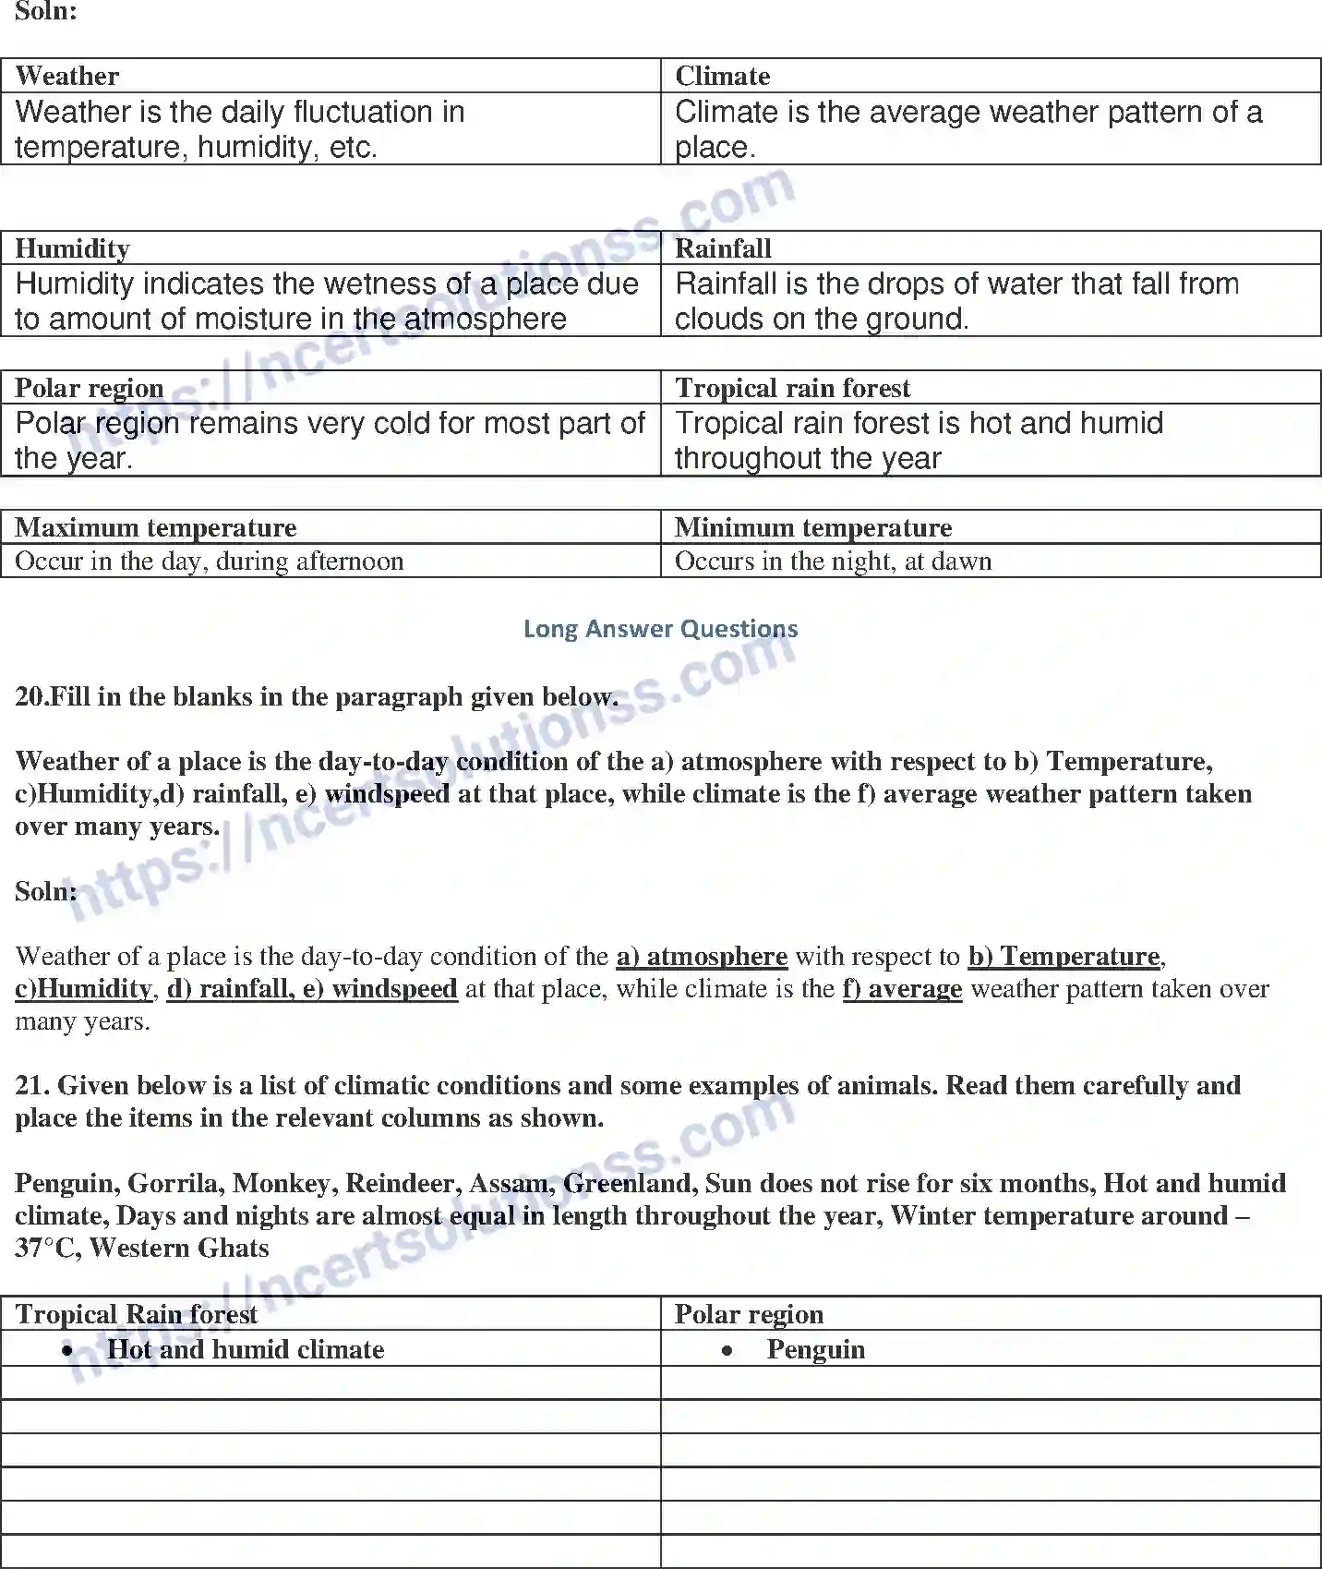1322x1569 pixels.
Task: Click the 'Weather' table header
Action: (x=67, y=76)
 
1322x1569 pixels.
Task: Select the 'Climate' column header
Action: (x=722, y=76)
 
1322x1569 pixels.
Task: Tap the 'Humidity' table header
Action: (x=72, y=248)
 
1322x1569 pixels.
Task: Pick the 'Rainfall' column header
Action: (x=723, y=248)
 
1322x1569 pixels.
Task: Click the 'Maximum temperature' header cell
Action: (x=156, y=527)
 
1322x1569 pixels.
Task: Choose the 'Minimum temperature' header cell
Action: (x=813, y=527)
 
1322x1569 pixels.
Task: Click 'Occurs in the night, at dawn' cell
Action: (x=833, y=561)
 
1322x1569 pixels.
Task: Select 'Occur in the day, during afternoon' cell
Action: (x=210, y=561)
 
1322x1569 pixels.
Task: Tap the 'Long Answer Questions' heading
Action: (x=660, y=629)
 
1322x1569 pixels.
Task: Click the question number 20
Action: (x=30, y=696)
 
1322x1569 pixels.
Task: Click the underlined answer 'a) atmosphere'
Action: (x=702, y=956)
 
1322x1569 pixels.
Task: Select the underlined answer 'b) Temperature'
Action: (x=1064, y=956)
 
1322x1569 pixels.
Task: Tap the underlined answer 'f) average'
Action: (x=902, y=989)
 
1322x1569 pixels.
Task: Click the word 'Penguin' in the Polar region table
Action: (x=816, y=1349)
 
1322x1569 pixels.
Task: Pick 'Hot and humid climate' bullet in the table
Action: (x=246, y=1349)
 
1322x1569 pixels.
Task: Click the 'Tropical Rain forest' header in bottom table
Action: (x=137, y=1314)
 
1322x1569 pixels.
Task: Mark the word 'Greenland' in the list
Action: (x=631, y=1183)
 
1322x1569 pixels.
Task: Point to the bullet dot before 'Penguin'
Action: (x=728, y=1350)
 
